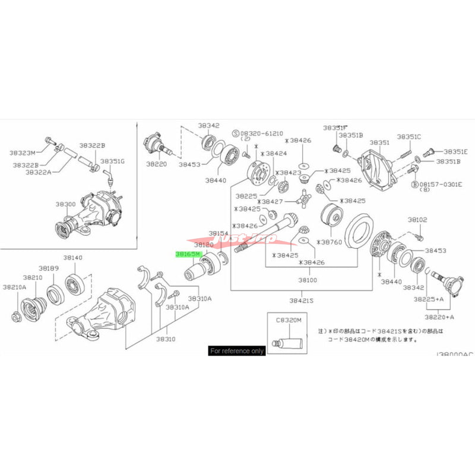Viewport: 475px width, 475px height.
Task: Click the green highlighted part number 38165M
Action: click(x=189, y=254)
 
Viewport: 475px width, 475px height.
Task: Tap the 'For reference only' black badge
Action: click(x=236, y=351)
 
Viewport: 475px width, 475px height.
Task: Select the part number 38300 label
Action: click(x=66, y=204)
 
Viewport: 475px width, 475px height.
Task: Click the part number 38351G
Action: click(x=112, y=161)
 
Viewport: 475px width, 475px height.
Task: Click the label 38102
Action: click(x=417, y=220)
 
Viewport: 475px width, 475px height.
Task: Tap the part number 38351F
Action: click(x=335, y=128)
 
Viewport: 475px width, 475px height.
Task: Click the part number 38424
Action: click(x=275, y=153)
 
